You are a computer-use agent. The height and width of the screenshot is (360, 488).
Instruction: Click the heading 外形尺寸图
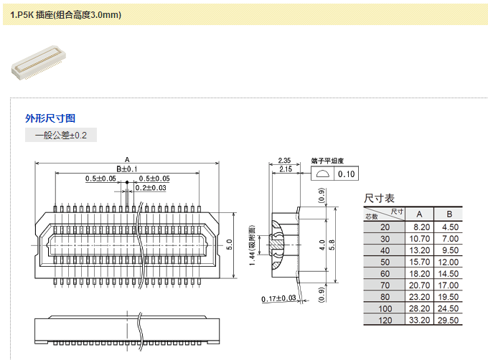50,118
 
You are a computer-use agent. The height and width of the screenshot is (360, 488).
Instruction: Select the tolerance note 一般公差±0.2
60,135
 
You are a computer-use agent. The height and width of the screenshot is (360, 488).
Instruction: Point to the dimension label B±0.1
126,169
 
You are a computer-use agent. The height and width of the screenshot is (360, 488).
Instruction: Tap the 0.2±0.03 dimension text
150,188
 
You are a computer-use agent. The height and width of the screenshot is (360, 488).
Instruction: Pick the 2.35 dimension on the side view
283,160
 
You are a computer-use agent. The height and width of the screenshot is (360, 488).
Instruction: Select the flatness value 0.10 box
347,174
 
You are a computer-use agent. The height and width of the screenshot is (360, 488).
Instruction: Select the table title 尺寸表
380,198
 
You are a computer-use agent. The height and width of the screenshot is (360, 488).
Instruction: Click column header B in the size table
449,214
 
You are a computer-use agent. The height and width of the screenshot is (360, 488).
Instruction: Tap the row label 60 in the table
385,273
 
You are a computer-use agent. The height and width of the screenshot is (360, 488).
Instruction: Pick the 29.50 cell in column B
449,320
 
